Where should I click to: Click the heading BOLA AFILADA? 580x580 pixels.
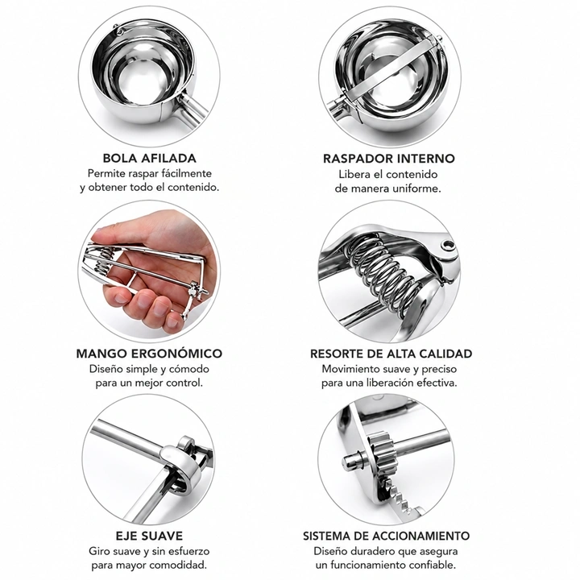[x=150, y=158]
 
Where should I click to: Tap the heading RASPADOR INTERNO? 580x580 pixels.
[x=389, y=159]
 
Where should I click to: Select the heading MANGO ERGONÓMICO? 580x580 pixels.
[x=149, y=354]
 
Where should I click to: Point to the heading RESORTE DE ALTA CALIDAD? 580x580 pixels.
[x=391, y=354]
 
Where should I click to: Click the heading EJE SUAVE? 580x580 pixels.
[x=149, y=536]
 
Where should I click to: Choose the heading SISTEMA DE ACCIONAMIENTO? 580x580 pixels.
[x=386, y=536]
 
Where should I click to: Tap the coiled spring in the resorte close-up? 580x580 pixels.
[x=385, y=270]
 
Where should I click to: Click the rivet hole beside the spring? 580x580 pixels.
[x=449, y=245]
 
